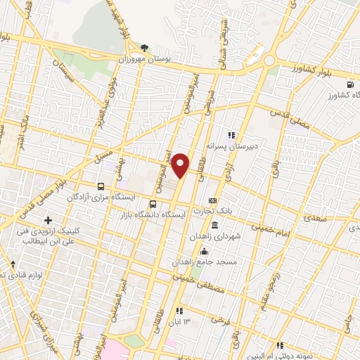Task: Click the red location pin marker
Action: tap(181, 165)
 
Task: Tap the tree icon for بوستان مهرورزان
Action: tap(145, 48)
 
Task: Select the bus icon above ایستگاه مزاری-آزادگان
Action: tap(101, 187)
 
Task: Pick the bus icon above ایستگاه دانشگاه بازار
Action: tap(153, 204)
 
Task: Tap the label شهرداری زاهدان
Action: tap(214, 237)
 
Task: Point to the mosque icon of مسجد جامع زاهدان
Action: tap(205, 251)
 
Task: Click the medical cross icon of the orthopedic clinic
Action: tap(49, 221)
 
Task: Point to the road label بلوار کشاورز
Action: tap(312, 72)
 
